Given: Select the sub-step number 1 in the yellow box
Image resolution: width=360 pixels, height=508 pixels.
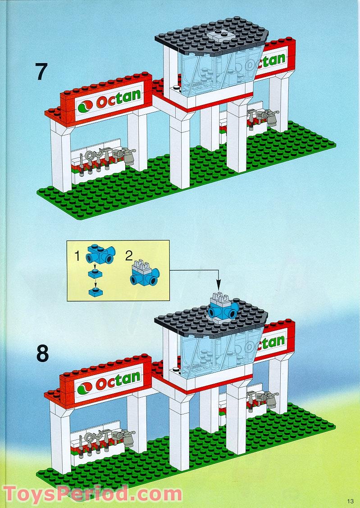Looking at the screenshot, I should [77, 257].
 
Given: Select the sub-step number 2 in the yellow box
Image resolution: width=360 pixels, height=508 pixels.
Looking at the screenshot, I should [129, 257].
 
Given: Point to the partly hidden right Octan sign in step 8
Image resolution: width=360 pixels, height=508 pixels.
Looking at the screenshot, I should [273, 342].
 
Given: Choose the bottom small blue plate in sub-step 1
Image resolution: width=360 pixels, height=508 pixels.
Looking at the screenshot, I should [95, 293].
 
